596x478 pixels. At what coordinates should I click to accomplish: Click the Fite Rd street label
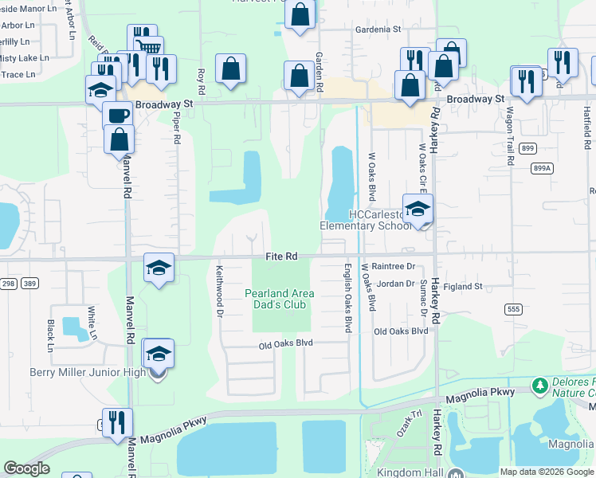(281, 257)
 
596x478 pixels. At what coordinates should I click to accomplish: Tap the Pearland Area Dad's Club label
(279, 299)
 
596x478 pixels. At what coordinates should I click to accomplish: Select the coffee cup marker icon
(118, 114)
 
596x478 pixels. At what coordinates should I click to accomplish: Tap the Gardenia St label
(378, 29)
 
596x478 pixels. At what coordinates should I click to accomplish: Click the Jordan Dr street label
(396, 284)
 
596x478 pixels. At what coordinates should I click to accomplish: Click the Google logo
(26, 468)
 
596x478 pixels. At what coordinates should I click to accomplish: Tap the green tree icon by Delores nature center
(540, 386)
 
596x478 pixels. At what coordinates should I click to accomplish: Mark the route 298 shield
(7, 284)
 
